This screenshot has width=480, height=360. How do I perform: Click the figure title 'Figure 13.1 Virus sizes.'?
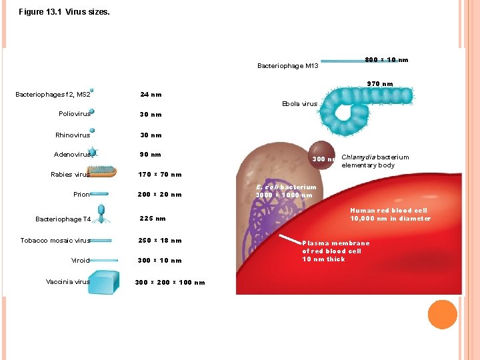[64, 12]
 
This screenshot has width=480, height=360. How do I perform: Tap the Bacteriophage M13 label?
[287, 66]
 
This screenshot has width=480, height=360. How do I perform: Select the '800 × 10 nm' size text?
[387, 60]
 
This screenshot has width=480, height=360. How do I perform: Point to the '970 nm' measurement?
[380, 83]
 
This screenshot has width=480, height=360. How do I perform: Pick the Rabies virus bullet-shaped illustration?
[103, 171]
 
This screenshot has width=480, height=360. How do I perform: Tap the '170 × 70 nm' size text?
[159, 175]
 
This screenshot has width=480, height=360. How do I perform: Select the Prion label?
[81, 195]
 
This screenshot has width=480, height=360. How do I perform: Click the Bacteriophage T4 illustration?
[101, 211]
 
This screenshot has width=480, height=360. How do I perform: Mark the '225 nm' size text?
[152, 218]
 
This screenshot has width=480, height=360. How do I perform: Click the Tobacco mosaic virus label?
[55, 241]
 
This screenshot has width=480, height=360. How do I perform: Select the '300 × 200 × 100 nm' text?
[169, 283]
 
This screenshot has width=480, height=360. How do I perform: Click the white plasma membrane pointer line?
[290, 239]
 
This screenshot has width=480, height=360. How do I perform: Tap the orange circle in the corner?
[442, 314]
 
